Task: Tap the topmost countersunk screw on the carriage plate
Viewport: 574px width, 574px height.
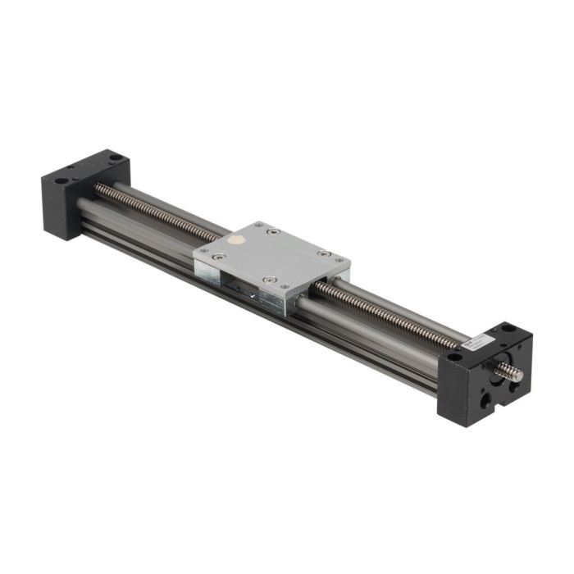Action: pyautogui.click(x=274, y=232)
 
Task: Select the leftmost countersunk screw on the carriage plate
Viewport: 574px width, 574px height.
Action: pyautogui.click(x=216, y=257)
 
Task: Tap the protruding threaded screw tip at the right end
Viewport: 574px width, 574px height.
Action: pyautogui.click(x=512, y=374)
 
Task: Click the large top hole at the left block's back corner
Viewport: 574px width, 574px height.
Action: pyautogui.click(x=114, y=157)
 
